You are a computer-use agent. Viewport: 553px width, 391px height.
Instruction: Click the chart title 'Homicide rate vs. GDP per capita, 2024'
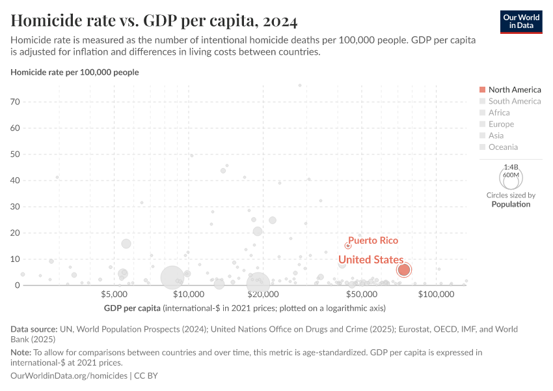pyautogui.click(x=154, y=21)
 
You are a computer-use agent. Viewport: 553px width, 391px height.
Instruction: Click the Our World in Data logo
pyautogui.click(x=520, y=21)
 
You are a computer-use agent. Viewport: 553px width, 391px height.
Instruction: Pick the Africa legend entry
pyautogui.click(x=498, y=113)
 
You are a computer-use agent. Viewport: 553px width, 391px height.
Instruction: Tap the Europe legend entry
pyautogui.click(x=500, y=124)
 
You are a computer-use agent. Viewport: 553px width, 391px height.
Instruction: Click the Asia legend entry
pyautogui.click(x=496, y=136)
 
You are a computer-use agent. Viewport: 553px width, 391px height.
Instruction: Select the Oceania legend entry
pyautogui.click(x=503, y=147)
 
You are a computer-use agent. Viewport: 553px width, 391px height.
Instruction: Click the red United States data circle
pyautogui.click(x=404, y=270)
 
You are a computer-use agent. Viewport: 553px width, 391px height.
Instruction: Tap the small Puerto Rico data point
pyautogui.click(x=348, y=246)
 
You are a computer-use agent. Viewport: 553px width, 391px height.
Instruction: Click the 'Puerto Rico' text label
pyautogui.click(x=373, y=240)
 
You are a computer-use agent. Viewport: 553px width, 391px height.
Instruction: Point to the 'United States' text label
pyautogui.click(x=370, y=259)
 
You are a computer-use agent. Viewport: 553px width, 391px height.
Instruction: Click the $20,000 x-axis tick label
pyautogui.click(x=263, y=295)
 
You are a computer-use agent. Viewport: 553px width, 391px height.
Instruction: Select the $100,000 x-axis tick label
pyautogui.click(x=436, y=295)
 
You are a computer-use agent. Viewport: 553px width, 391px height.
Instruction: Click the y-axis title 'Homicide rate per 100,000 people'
pyautogui.click(x=75, y=72)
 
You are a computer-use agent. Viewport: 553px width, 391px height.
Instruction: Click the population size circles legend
pyautogui.click(x=511, y=177)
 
